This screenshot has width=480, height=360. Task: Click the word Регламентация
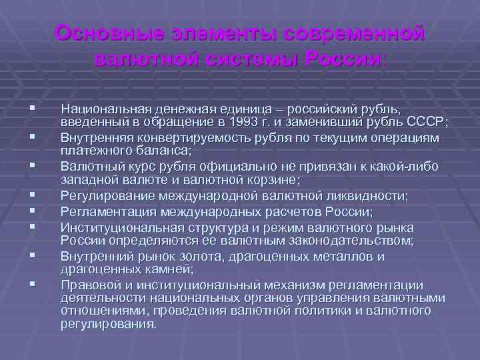[x=102, y=212]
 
